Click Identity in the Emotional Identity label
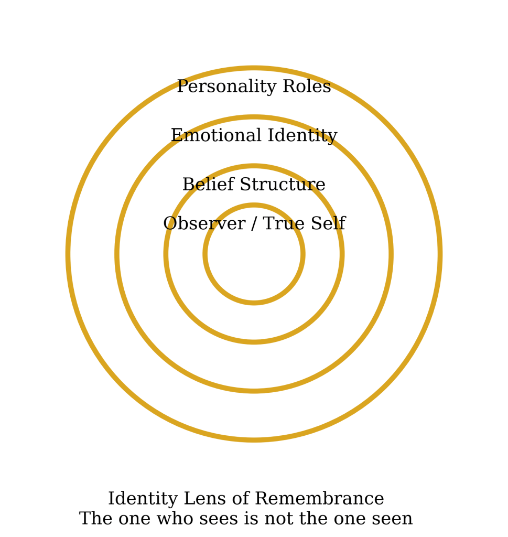305,136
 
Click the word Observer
203,224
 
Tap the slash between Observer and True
254,224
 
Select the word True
284,224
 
